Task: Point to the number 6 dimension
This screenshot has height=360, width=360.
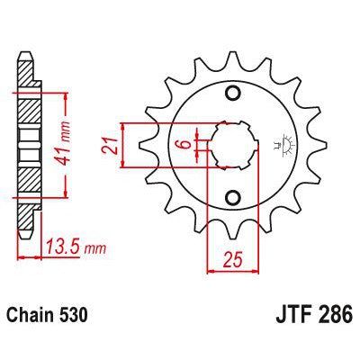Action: click(x=182, y=146)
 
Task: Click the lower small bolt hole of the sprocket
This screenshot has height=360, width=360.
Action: click(x=232, y=198)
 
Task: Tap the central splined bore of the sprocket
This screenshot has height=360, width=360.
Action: click(x=232, y=145)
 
